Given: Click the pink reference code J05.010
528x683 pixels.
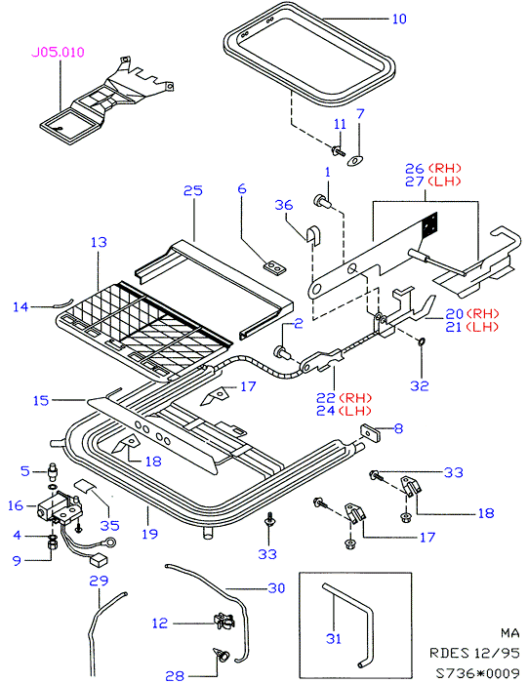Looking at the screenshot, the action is pos(58,53).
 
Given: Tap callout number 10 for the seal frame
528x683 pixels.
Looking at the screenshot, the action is pos(399,19).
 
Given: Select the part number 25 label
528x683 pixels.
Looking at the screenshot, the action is pos(192,190).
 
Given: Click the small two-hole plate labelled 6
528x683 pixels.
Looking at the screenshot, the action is pos(274,268).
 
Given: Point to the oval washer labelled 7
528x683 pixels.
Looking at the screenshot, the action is pos(355,161).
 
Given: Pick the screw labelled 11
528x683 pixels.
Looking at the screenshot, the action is pos(338,151).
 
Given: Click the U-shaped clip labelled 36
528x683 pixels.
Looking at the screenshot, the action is pos(312,236).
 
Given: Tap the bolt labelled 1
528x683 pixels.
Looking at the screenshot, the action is pos(321,202).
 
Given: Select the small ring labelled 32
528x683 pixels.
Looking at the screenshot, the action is pos(422,341).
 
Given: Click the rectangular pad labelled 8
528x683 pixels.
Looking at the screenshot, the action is pos(370,434).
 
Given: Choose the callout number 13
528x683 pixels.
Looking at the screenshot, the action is pos(99,242).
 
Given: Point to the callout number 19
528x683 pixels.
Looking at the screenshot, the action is pos(149,534).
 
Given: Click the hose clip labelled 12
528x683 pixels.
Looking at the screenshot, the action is pos(223,621).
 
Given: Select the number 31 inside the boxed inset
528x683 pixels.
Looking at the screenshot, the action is pos(334,638).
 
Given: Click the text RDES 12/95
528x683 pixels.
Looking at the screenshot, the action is pos(474,653).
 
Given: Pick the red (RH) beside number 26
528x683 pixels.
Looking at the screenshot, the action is pos(444,168).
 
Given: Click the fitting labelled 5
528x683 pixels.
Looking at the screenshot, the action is pos(53,470).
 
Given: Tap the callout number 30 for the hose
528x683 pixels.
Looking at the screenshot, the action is pos(276,588).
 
